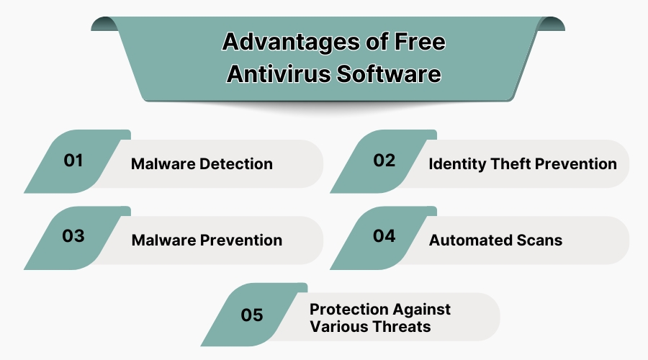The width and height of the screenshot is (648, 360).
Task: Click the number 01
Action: point(73,161)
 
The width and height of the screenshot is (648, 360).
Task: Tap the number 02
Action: point(384,161)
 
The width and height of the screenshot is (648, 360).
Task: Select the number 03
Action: point(73,236)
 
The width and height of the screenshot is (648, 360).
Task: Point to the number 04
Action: point(384,236)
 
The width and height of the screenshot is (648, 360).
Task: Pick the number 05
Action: point(252,315)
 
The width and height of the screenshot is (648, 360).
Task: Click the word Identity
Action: point(457,164)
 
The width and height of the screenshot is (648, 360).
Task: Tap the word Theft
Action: point(515,164)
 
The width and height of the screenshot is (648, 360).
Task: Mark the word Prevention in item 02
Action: point(581,164)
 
